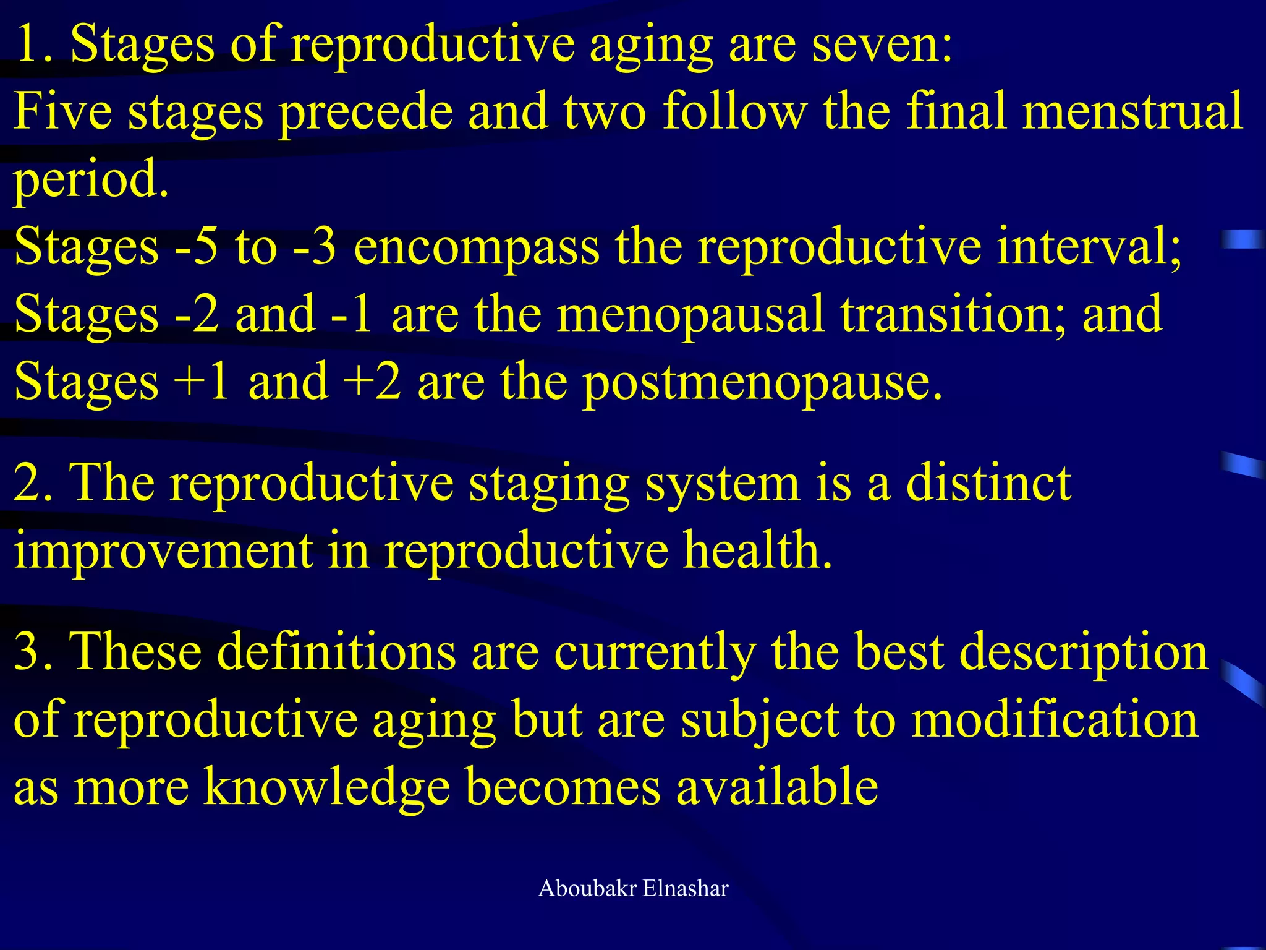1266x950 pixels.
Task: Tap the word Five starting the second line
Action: pyautogui.click(x=62, y=111)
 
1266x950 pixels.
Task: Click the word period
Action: pyautogui.click(x=90, y=179)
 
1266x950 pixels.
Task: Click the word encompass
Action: pyautogui.click(x=476, y=247)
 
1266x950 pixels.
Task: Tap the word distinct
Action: pyautogui.click(x=988, y=483)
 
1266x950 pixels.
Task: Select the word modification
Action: pyautogui.click(x=1055, y=720)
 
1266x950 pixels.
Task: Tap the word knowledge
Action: pyautogui.click(x=327, y=787)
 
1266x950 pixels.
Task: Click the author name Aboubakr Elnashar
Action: pyautogui.click(x=633, y=889)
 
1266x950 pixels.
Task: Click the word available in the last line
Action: pyautogui.click(x=776, y=787)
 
